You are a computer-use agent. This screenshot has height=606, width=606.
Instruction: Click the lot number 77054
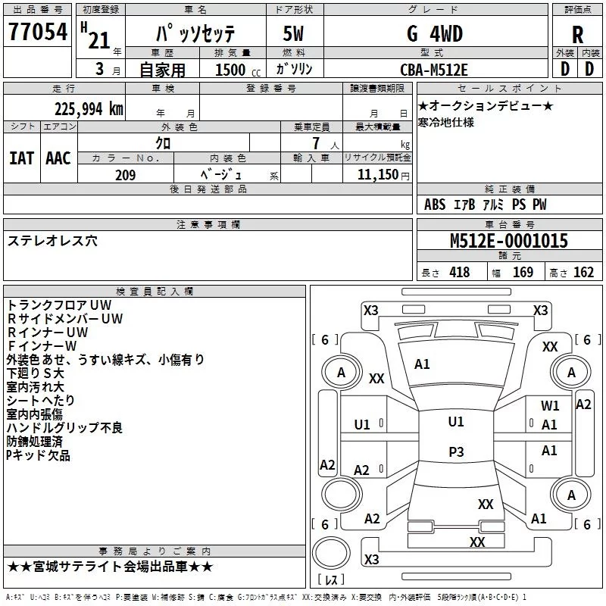38,33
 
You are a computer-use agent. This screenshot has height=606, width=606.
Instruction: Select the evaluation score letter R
577,34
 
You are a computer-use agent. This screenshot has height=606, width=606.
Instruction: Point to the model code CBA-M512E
434,69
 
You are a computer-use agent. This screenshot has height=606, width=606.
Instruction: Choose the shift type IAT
21,158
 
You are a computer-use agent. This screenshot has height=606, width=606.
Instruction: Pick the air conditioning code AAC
58,158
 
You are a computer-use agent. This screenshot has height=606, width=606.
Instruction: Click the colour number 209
125,175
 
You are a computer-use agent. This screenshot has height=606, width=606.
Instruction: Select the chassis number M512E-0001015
508,241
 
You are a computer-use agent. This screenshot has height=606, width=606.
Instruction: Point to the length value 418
459,273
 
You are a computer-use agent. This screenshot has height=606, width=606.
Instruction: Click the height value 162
583,273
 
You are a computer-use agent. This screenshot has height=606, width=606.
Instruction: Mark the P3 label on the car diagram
455,451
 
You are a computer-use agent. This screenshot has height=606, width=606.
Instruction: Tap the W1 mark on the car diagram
550,406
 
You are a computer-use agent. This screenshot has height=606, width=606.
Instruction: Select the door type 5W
294,34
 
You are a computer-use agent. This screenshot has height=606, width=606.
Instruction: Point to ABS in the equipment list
435,205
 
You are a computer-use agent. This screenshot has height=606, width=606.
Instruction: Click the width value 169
523,273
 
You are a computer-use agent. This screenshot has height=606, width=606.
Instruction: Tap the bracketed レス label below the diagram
330,580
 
